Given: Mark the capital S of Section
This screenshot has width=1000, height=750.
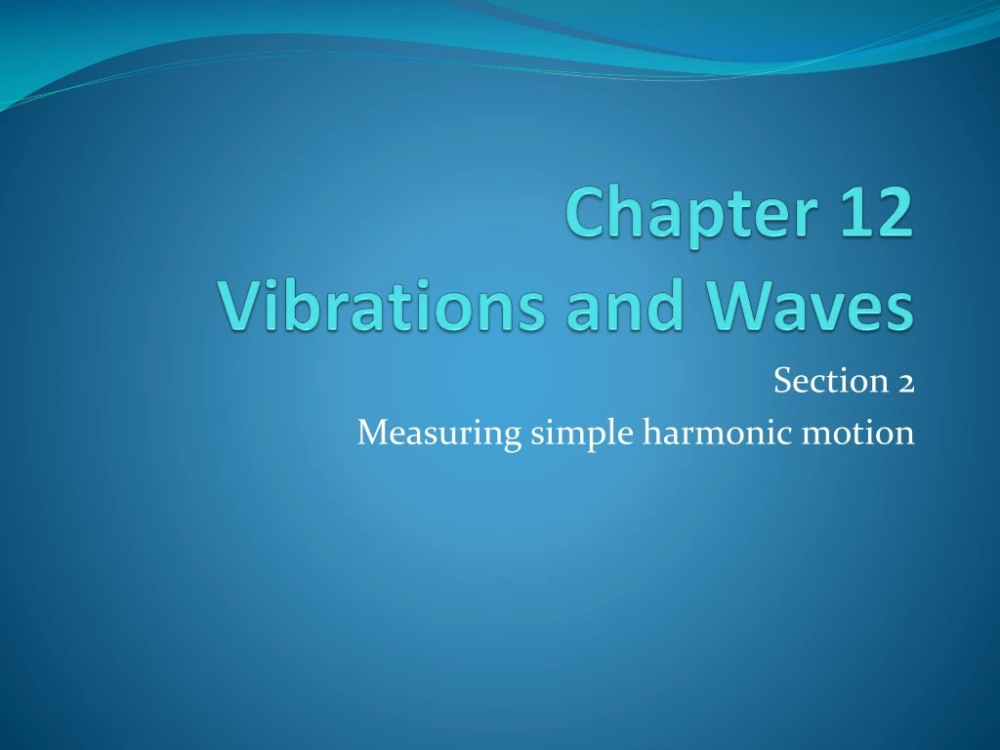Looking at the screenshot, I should coord(782,381).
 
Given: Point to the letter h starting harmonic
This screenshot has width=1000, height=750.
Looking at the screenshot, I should coord(648,430).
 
